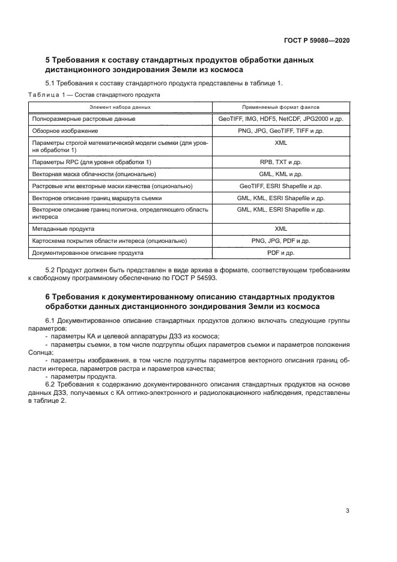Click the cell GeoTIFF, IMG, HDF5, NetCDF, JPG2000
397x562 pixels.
pos(280,119)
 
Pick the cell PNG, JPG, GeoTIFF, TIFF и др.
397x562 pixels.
pos(280,130)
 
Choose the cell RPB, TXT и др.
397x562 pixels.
pos(280,162)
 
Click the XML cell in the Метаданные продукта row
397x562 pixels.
pos(280,229)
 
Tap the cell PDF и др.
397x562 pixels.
pos(280,253)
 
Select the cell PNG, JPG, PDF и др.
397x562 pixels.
pos(280,241)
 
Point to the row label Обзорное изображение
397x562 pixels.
pos(65,130)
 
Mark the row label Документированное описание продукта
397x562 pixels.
pos(87,253)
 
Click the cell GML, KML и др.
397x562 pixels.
pos(280,174)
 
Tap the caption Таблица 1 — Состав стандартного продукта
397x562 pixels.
pos(94,95)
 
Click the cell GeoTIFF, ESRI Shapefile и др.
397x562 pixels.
pos(280,186)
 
